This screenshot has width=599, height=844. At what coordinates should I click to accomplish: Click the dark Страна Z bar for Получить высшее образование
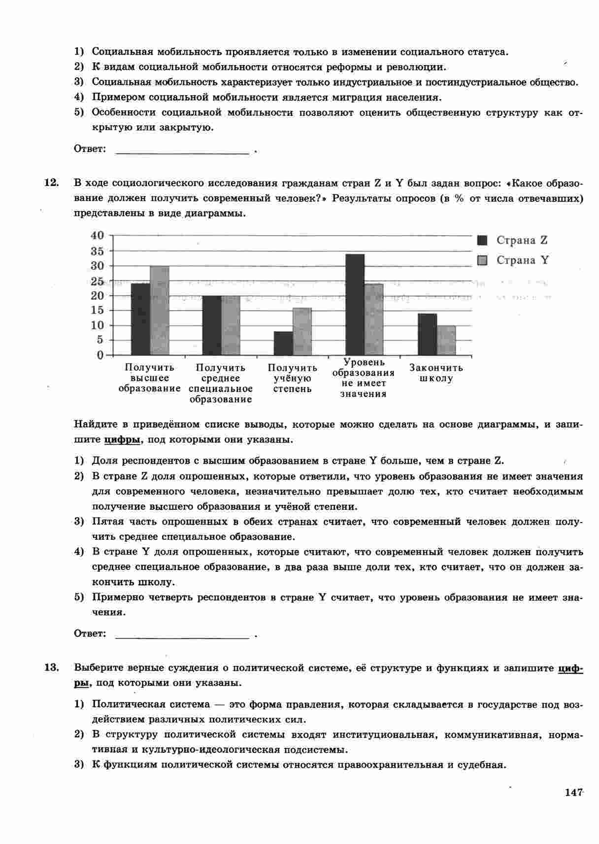tap(140, 319)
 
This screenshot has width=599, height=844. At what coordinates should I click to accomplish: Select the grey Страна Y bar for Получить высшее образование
tap(160, 311)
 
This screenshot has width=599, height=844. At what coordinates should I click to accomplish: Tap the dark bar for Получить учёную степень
tap(283, 343)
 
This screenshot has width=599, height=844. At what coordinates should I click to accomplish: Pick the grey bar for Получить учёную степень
tap(302, 331)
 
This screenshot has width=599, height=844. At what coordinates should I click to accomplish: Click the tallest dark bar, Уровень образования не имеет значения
tap(355, 304)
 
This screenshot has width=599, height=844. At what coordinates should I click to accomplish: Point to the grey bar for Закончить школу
tap(446, 340)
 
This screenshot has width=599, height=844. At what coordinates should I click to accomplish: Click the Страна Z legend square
tap(482, 240)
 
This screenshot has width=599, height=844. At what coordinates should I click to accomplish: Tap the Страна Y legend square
tap(482, 260)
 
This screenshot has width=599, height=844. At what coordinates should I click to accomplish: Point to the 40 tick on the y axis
tap(98, 235)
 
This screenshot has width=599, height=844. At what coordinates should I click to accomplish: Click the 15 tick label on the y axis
tap(98, 310)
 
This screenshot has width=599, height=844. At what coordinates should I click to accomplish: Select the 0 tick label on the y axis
tap(100, 355)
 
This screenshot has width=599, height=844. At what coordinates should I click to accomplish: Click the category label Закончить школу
tap(436, 373)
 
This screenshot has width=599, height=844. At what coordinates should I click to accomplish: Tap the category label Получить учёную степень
tap(292, 378)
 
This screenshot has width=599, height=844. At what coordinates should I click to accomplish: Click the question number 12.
tap(51, 183)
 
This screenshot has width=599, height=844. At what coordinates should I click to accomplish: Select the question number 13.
tap(51, 668)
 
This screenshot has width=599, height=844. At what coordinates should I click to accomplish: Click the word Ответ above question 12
tap(90, 148)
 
